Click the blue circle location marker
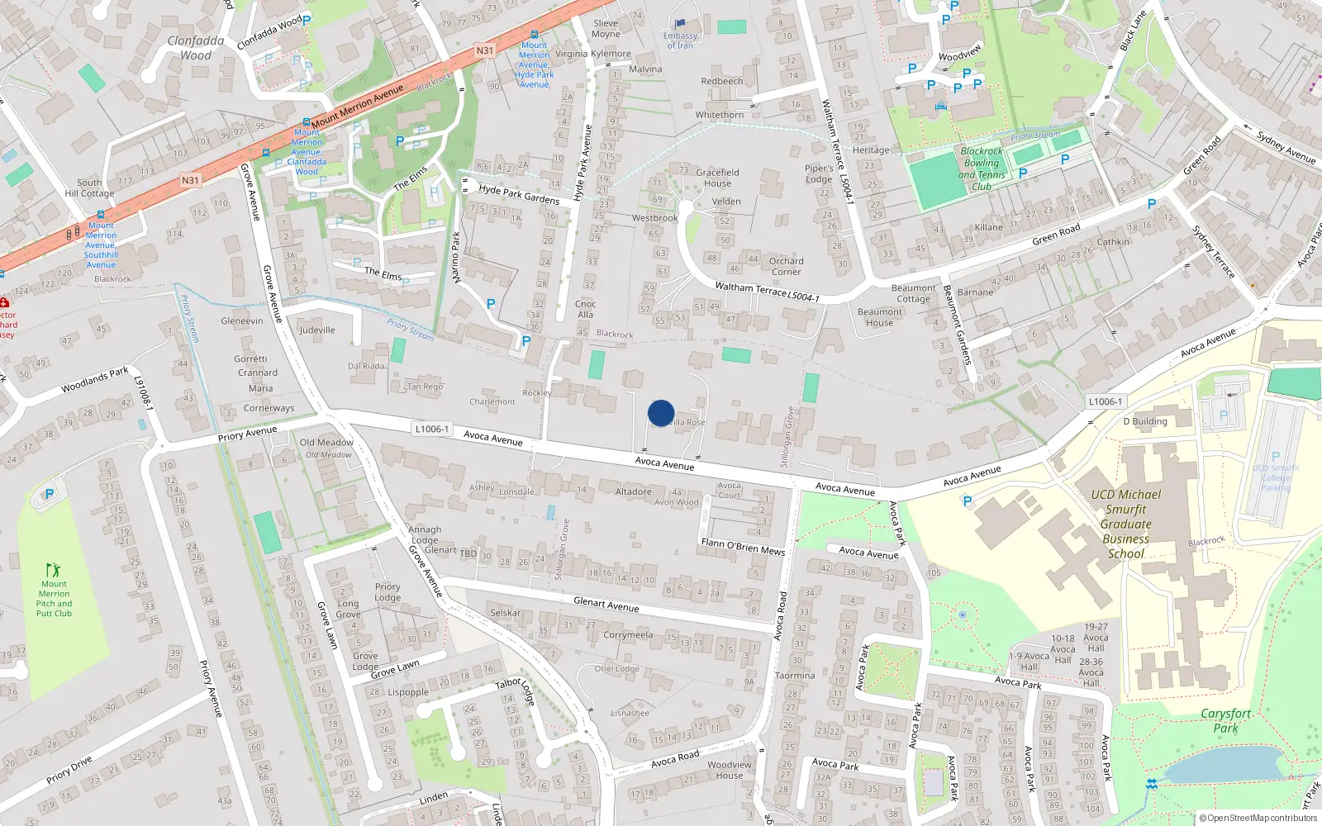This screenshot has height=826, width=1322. click(x=661, y=413)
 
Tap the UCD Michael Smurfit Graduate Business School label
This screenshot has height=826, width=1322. click(x=1125, y=524)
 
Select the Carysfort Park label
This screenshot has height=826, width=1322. click(x=1225, y=720)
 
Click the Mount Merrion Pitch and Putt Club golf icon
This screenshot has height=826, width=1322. click(x=54, y=570)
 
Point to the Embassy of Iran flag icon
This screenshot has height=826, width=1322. click(x=680, y=24)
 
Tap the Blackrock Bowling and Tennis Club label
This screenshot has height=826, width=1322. click(x=982, y=169)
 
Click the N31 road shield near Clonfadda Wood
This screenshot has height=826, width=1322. click(x=484, y=50)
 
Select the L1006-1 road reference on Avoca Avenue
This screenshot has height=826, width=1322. click(x=432, y=429)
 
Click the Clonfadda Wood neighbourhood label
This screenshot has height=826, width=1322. click(x=196, y=48)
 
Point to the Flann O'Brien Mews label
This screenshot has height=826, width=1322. click(x=743, y=546)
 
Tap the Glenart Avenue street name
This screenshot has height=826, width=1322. click(x=606, y=605)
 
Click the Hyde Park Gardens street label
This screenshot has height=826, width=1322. click(x=519, y=194)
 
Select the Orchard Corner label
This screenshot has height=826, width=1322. click(x=786, y=266)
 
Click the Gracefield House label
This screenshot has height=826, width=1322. click(x=717, y=178)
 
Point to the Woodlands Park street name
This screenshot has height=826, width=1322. click(x=95, y=380)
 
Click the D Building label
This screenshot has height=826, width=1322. click(x=1145, y=421)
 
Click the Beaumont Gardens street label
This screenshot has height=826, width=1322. click(x=957, y=325)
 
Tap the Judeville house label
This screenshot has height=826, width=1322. click(x=317, y=330)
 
